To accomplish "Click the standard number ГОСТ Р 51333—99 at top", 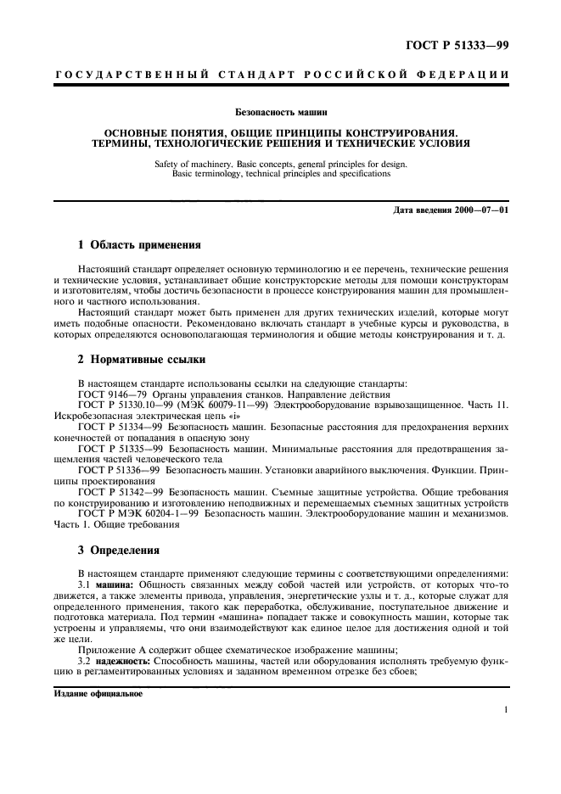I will point(457,45).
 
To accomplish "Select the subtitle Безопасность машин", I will point(280,111).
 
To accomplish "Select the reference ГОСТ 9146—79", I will point(113,394).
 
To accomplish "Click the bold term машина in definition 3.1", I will point(115,586).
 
